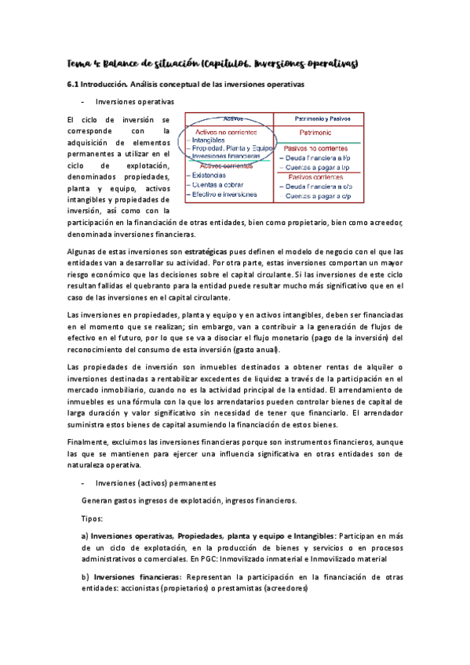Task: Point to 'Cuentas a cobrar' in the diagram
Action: [x=219, y=185]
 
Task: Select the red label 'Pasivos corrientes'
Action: [x=319, y=176]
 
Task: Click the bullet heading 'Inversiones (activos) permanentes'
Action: [x=150, y=482]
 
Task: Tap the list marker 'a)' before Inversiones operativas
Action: [x=85, y=536]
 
